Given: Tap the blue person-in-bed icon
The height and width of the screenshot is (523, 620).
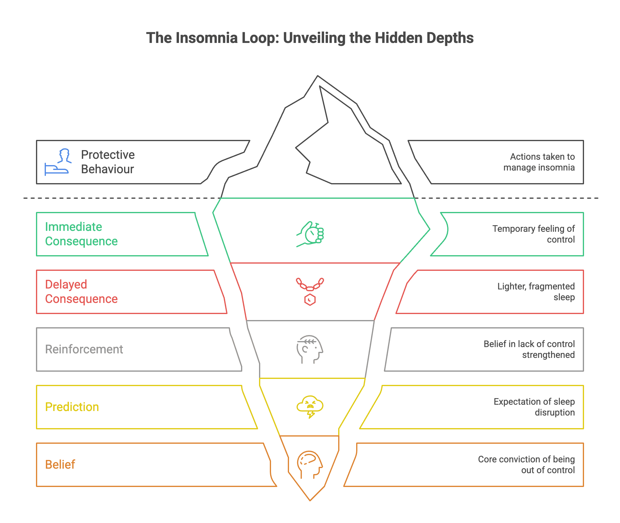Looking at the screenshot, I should pyautogui.click(x=58, y=162).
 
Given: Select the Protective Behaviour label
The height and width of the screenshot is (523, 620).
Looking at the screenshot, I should pyautogui.click(x=108, y=162).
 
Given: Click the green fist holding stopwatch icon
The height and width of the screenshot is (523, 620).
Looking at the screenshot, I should pyautogui.click(x=310, y=234).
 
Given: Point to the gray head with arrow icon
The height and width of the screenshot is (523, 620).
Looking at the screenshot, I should pyautogui.click(x=310, y=349).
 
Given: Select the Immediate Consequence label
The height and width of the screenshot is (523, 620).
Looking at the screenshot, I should pyautogui.click(x=81, y=234).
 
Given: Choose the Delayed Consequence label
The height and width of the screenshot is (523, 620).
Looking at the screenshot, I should pyautogui.click(x=81, y=292).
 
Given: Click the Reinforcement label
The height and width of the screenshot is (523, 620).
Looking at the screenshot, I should pyautogui.click(x=84, y=349).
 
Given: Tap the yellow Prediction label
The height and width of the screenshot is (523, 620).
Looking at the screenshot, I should pyautogui.click(x=72, y=407).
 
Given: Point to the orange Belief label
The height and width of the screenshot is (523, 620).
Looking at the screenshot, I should pyautogui.click(x=60, y=465).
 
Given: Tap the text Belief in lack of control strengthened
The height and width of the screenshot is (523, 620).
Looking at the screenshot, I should pyautogui.click(x=529, y=349).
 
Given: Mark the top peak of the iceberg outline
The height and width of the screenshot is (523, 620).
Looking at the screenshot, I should pyautogui.click(x=318, y=76).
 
